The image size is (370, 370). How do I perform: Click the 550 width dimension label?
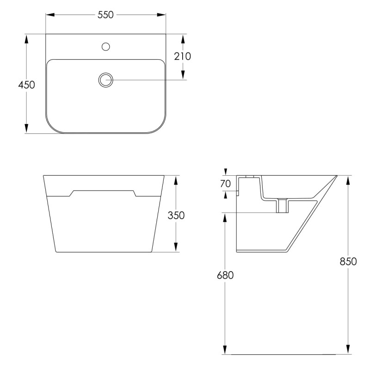105,15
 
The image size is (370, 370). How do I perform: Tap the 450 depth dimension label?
26,85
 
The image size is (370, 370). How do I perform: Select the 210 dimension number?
182,56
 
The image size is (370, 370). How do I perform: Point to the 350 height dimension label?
176,215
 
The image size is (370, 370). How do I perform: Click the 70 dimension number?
225,184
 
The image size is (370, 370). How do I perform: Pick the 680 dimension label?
225,275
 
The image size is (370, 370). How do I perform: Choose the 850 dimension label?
348,261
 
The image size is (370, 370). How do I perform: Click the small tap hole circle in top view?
106,47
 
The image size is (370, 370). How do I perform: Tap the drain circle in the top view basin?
106,80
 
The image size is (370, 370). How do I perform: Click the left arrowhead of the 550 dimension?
50,15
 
